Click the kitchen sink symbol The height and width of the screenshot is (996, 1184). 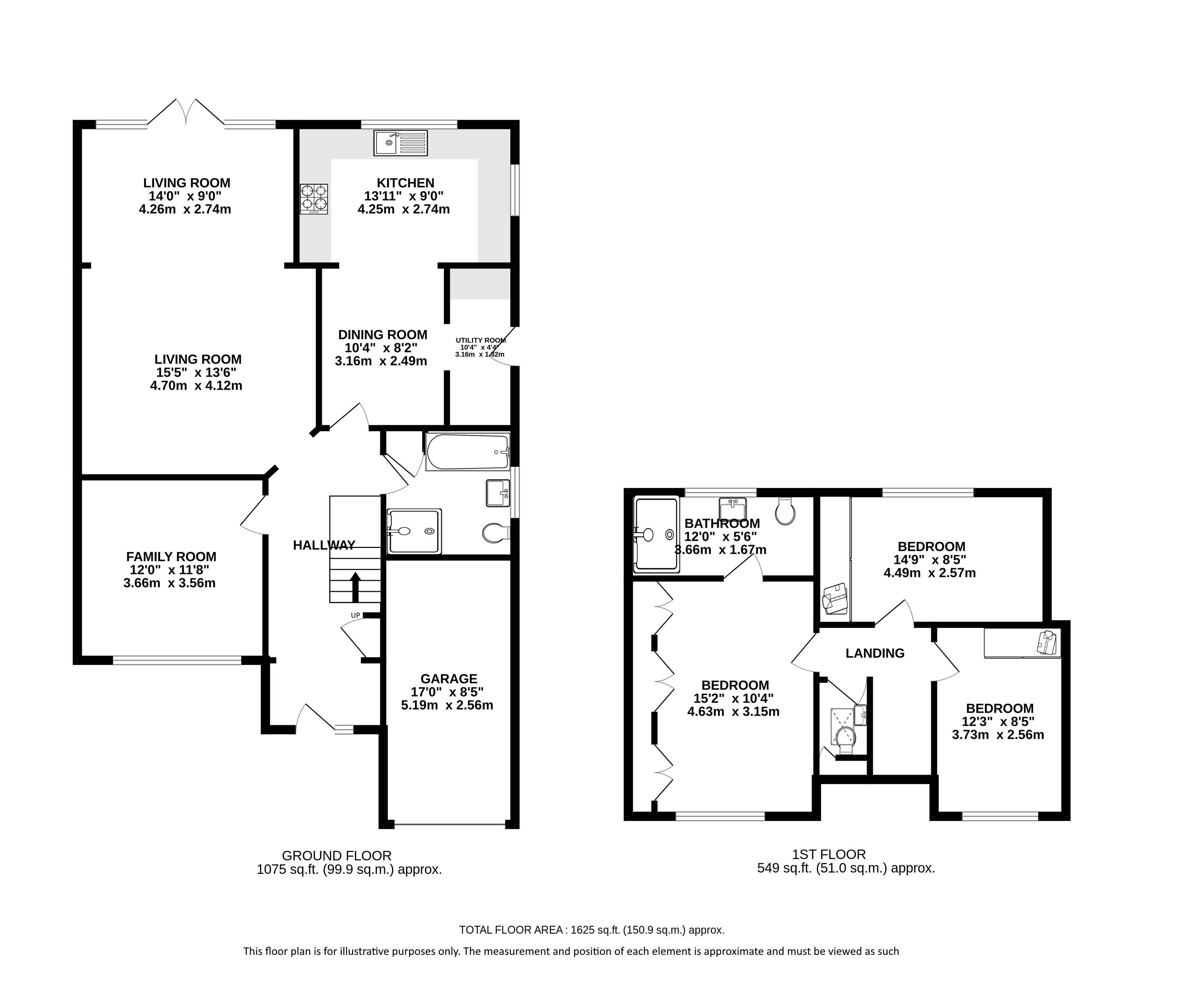400,143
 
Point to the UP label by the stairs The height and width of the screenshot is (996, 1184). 355,615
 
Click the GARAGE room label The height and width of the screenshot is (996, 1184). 449,679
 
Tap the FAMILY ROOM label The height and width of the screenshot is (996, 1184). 171,557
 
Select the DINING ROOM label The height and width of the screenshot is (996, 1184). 383,335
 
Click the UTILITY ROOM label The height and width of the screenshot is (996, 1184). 481,340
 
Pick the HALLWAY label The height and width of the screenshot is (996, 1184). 324,545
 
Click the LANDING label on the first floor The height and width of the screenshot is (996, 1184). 875,653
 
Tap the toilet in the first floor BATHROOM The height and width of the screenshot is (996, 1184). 785,511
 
